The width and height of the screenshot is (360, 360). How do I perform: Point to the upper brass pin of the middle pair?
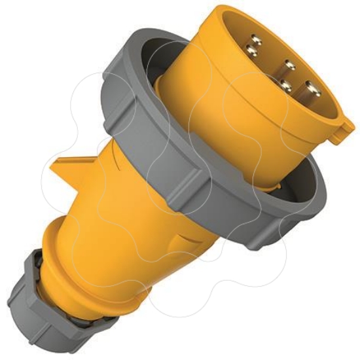coord(289,66)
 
